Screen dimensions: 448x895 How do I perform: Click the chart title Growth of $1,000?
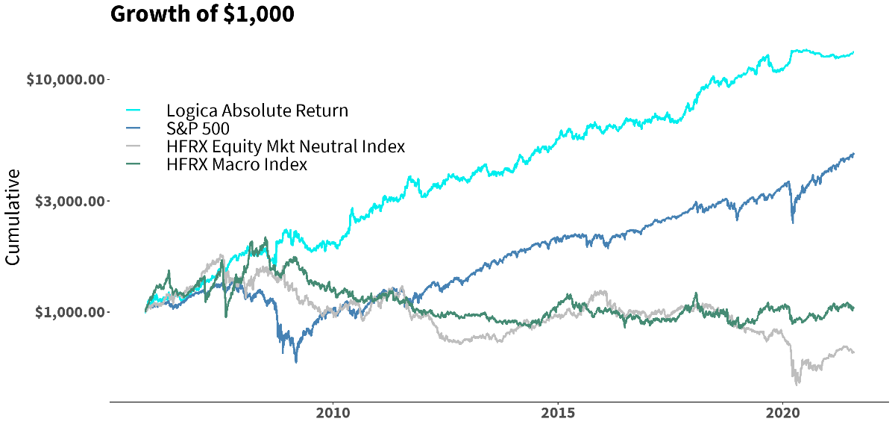202,14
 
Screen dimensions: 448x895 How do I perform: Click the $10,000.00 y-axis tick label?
66,79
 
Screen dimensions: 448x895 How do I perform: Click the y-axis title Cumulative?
13,217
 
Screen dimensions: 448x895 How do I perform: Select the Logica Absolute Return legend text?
257,111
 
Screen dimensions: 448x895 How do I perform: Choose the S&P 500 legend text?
198,129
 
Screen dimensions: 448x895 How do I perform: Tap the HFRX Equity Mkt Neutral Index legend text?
286,146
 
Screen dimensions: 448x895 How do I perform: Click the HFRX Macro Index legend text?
236,164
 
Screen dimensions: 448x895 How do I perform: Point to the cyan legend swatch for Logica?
135,111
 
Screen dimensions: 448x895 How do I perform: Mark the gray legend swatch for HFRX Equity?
135,146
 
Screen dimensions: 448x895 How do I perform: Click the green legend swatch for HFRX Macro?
135,164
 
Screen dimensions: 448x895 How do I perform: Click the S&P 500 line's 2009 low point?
296,362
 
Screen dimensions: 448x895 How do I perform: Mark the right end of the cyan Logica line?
853,52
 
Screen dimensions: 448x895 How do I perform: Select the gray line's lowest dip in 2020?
797,385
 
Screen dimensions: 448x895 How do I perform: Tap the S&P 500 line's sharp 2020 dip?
792,223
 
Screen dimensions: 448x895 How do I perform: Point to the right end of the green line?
853,308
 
